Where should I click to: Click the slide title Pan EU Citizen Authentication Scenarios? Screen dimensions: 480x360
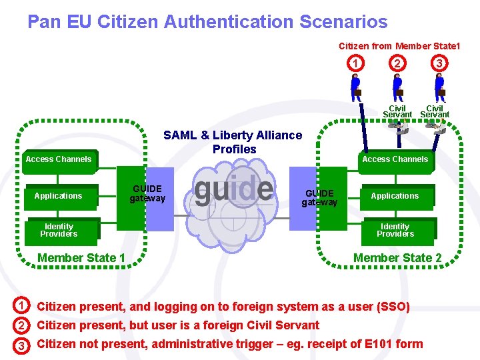[207, 22]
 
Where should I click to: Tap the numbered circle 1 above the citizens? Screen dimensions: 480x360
[357, 63]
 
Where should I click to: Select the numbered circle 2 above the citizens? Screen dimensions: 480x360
[398, 63]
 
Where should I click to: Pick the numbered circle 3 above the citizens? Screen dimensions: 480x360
[439, 63]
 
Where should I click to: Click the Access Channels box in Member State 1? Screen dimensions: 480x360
[59, 159]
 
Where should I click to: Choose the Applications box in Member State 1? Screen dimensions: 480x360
[59, 196]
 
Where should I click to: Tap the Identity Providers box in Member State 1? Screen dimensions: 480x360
[59, 230]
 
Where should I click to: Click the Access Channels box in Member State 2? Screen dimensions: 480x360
[395, 159]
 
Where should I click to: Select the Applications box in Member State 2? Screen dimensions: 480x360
[395, 196]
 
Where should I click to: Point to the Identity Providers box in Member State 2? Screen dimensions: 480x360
[395, 230]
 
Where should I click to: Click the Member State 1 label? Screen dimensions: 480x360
[81, 258]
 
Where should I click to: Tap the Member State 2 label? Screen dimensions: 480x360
[397, 258]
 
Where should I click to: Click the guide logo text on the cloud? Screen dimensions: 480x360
[233, 189]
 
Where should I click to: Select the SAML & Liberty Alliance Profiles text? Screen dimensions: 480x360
[233, 142]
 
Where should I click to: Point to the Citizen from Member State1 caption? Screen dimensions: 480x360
[399, 46]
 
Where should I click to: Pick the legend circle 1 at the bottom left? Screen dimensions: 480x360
[21, 306]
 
